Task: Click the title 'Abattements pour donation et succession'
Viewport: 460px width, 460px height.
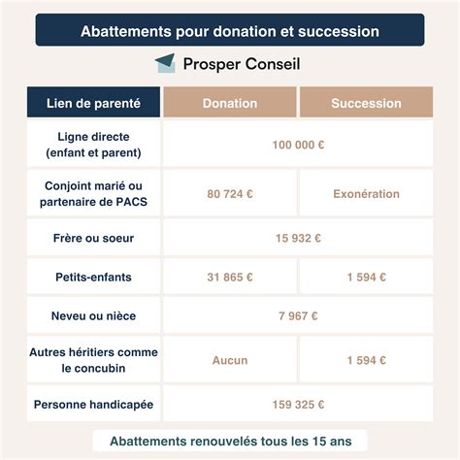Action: [230, 31]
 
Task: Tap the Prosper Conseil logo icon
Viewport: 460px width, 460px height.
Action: [165, 64]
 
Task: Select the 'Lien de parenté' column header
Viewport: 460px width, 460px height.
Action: [93, 103]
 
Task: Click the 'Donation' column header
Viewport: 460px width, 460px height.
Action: [230, 103]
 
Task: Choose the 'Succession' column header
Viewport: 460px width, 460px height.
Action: [366, 103]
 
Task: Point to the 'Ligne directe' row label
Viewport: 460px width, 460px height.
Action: [93, 145]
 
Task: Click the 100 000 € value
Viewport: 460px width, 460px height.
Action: [298, 145]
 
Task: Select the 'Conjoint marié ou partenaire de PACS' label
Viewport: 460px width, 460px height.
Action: [93, 193]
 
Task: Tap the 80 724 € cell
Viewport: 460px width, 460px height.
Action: [230, 194]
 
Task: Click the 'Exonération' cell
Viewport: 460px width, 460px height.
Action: [366, 194]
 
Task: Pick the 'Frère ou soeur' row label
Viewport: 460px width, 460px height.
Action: [93, 238]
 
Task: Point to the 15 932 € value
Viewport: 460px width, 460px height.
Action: [298, 238]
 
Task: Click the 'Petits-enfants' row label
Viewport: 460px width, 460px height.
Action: [93, 277]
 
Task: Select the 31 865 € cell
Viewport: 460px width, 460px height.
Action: [230, 277]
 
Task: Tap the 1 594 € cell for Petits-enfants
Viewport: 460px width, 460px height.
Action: [366, 277]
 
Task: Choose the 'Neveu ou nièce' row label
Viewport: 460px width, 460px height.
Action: [93, 315]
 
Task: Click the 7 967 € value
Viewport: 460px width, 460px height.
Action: [298, 315]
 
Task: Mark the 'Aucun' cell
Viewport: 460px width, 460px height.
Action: [230, 360]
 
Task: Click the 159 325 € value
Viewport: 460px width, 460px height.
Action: [298, 404]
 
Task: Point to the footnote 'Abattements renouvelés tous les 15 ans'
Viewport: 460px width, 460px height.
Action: [230, 440]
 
